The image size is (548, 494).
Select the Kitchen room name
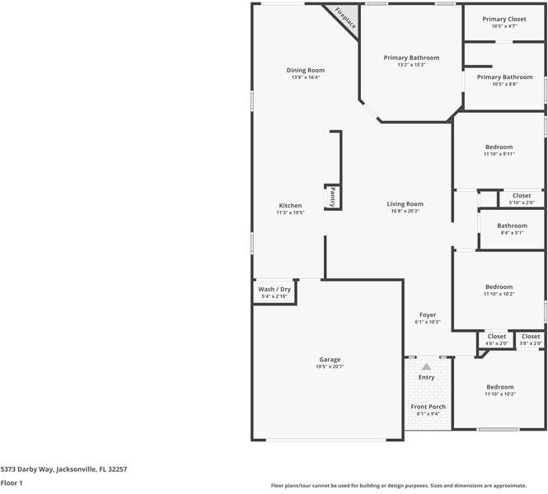pyautogui.click(x=290, y=206)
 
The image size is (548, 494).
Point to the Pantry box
pyautogui.click(x=333, y=197)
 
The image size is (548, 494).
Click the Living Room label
pyautogui.click(x=405, y=204)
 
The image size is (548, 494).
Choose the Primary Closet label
pyautogui.click(x=504, y=19)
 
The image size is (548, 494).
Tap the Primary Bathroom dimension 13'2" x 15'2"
pyautogui.click(x=411, y=64)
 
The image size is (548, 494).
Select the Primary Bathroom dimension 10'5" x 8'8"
pyautogui.click(x=504, y=84)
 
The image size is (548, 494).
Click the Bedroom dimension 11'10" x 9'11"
pyautogui.click(x=499, y=153)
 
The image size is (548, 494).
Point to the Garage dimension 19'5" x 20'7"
pyautogui.click(x=330, y=366)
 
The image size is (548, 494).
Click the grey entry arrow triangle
pyautogui.click(x=426, y=366)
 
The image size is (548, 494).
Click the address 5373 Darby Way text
pyautogui.click(x=63, y=468)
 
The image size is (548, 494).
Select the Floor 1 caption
pyautogui.click(x=12, y=483)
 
